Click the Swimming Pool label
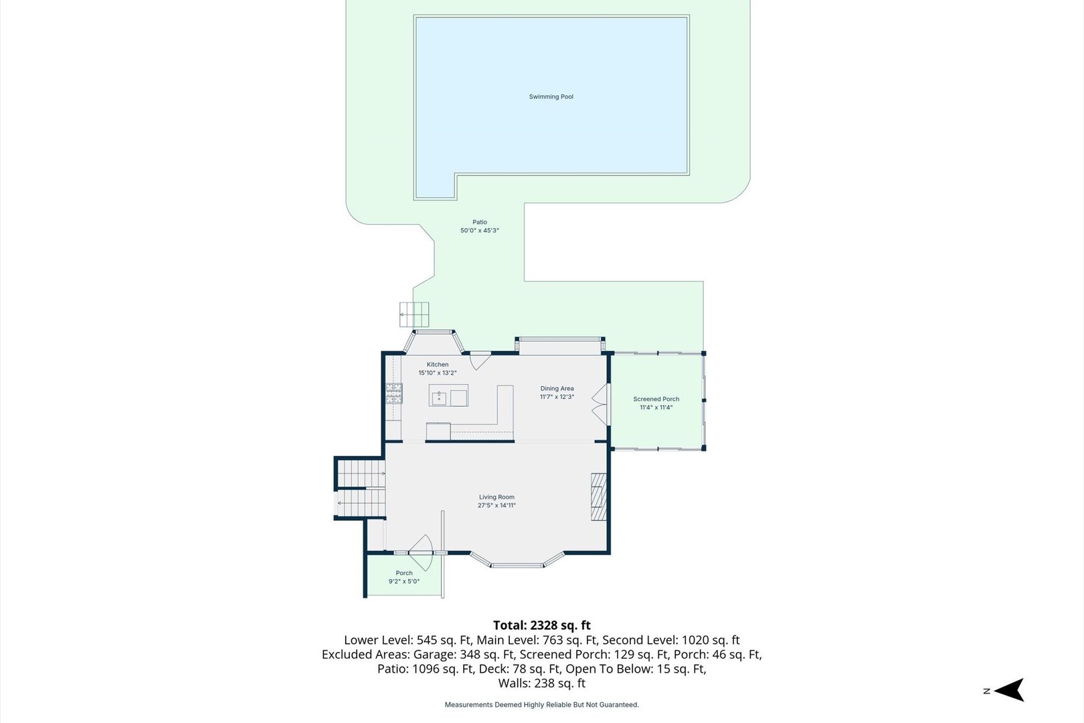pos(551,97)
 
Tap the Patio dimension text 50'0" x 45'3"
pos(480,230)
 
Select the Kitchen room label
pos(438,365)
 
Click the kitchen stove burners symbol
pos(394,393)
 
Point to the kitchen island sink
pos(439,398)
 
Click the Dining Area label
pos(557,388)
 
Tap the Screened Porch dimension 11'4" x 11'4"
pos(656,407)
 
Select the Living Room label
pos(496,497)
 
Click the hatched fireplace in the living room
pos(599,497)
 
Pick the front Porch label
pos(404,573)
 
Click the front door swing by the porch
pos(420,552)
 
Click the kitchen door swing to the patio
pos(479,361)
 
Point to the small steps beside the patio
pos(414,315)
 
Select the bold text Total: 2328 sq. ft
pos(542,625)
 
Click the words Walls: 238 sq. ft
pos(542,684)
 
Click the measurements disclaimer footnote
pos(542,705)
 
